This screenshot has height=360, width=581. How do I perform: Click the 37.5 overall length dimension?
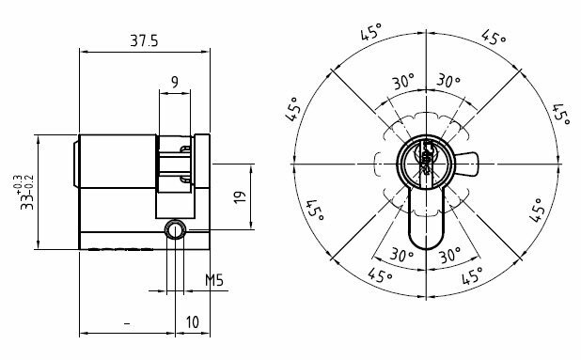(x=144, y=40)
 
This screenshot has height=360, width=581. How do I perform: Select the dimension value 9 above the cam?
(x=175, y=82)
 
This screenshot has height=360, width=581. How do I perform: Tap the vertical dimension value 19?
(x=240, y=196)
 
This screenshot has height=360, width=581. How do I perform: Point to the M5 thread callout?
(x=214, y=280)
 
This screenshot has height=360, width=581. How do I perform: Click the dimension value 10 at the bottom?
(x=193, y=321)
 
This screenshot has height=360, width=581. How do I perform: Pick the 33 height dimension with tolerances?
(x=26, y=193)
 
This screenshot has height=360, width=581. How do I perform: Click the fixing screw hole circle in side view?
(x=175, y=230)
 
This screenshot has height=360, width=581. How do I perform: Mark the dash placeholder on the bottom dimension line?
(x=127, y=325)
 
